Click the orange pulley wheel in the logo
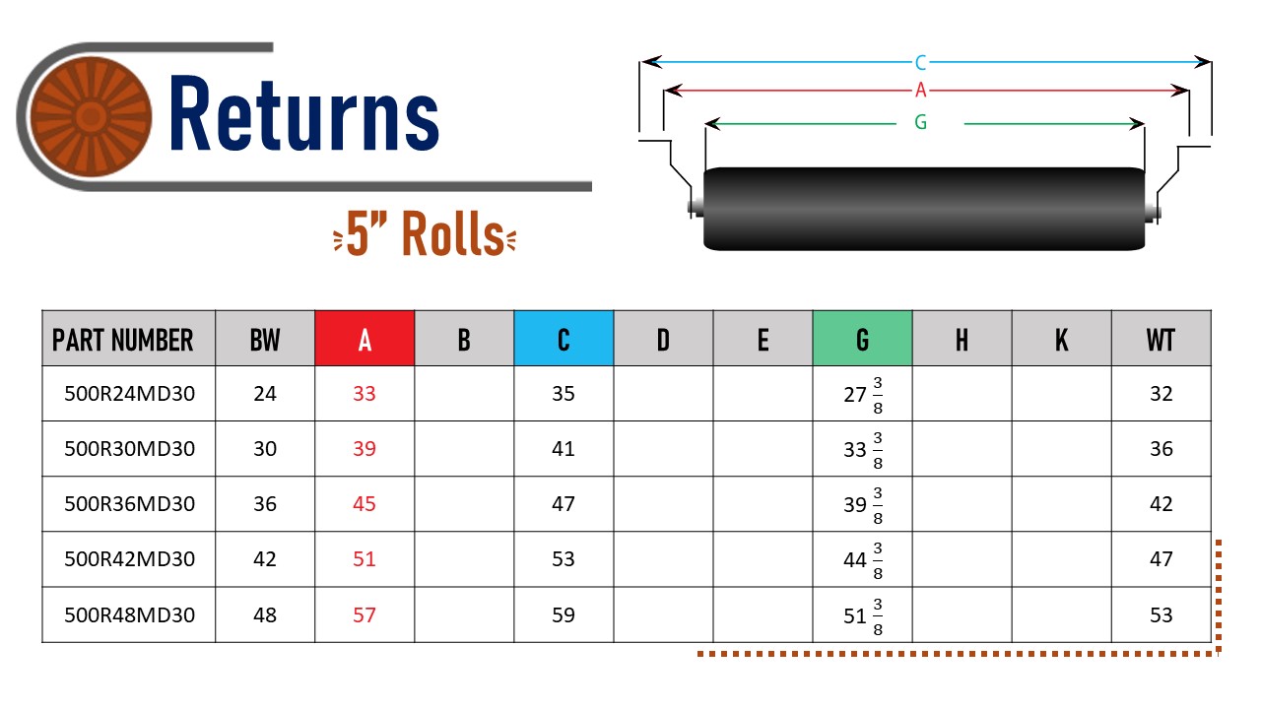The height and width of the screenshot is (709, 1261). tap(90, 116)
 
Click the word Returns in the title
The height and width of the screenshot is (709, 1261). tap(304, 115)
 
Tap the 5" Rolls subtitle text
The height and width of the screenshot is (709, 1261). tap(425, 233)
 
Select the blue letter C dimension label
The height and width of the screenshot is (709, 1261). tap(920, 62)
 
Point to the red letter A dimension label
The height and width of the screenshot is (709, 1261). tap(920, 90)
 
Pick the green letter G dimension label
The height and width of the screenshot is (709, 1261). tap(920, 122)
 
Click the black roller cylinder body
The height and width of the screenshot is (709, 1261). tap(924, 209)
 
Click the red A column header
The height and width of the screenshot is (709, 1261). tap(365, 338)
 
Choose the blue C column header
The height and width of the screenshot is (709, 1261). tap(564, 338)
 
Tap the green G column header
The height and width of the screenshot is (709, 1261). tap(862, 338)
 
